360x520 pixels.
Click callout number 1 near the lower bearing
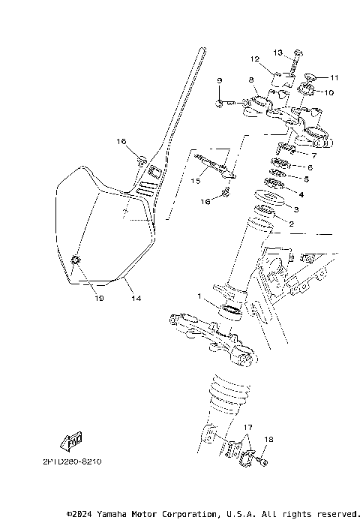(x=199, y=296)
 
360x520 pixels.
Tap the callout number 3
(x=296, y=209)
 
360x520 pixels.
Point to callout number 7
(x=313, y=155)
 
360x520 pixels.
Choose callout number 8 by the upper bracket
(x=252, y=79)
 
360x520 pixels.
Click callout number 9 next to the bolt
(x=220, y=80)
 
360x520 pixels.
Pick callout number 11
(x=334, y=77)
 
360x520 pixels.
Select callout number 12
(x=255, y=59)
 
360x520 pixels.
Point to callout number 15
(x=195, y=181)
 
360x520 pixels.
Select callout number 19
(x=79, y=298)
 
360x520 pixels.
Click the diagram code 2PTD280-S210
(x=67, y=461)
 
